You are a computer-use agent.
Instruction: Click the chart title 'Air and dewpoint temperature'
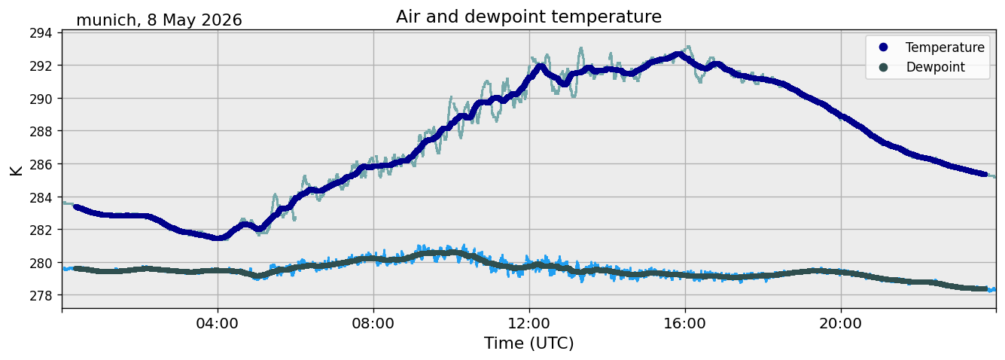(x=528, y=17)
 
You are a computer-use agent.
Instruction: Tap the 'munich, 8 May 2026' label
(x=159, y=20)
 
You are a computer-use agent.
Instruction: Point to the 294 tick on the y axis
(x=41, y=33)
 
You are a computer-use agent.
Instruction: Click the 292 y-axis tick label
(x=41, y=66)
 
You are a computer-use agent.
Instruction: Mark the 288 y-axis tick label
(x=41, y=132)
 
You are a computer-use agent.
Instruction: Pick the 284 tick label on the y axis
(x=41, y=197)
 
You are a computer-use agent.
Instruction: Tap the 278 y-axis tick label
(x=41, y=295)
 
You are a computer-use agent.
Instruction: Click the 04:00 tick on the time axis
(x=217, y=323)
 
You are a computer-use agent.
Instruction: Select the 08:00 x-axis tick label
(x=373, y=323)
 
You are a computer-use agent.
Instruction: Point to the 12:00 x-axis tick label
(x=529, y=323)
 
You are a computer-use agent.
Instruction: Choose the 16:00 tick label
(x=684, y=323)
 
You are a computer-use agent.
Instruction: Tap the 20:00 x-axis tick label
(x=840, y=323)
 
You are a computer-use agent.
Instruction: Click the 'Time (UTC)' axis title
(x=528, y=343)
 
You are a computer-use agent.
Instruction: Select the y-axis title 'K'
(x=16, y=170)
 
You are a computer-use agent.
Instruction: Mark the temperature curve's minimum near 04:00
(x=218, y=238)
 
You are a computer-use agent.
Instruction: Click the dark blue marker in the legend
(x=883, y=47)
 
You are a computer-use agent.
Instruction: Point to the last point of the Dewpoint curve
(x=985, y=288)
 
